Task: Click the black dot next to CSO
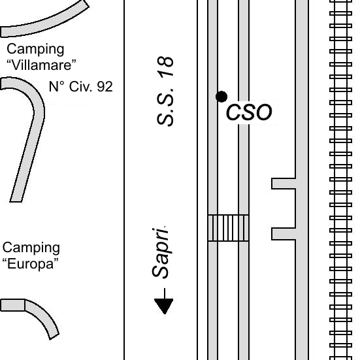(x=221, y=97)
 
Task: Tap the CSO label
(x=249, y=112)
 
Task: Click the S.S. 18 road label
(x=165, y=91)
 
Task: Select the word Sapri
(x=161, y=253)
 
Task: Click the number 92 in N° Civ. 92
(x=105, y=87)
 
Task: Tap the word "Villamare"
(x=41, y=65)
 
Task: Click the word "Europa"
(x=31, y=264)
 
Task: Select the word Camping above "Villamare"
(x=35, y=49)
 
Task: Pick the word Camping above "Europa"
(x=31, y=248)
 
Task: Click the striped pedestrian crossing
(x=228, y=228)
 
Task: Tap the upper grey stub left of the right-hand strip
(x=284, y=184)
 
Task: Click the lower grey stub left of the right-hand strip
(x=284, y=234)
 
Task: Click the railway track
(x=340, y=180)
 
